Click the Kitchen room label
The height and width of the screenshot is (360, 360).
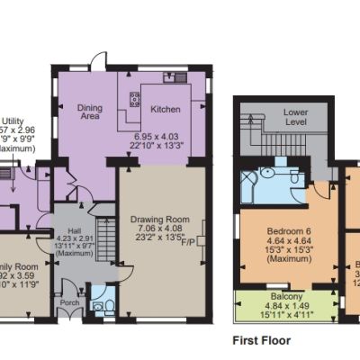coord(166,109)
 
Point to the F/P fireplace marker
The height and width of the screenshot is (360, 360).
coord(189,242)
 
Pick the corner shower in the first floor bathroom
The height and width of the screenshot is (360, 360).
coord(268,175)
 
